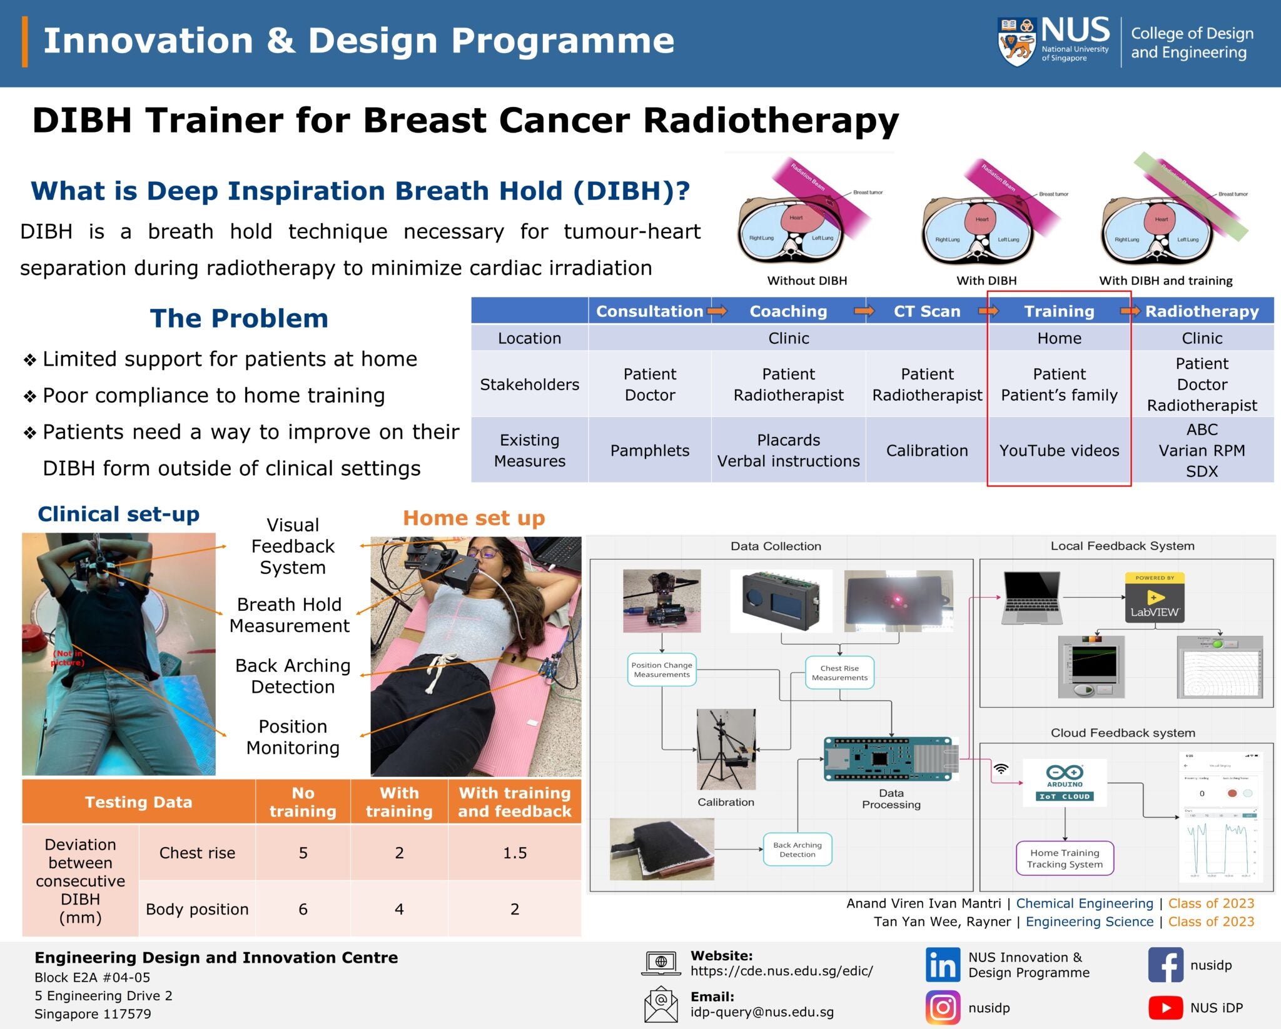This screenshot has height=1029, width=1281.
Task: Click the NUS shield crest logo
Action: pyautogui.click(x=1016, y=42)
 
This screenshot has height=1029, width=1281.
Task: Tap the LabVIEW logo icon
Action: pyautogui.click(x=1154, y=597)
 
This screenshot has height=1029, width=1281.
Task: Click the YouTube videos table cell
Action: pyautogui.click(x=1059, y=451)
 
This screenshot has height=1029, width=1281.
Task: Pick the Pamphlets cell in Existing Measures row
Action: pyautogui.click(x=649, y=451)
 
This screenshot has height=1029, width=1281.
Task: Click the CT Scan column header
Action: pyautogui.click(x=926, y=311)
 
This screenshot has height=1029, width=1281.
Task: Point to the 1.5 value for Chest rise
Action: pyautogui.click(x=514, y=853)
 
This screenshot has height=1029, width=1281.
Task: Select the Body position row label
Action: pyautogui.click(x=197, y=909)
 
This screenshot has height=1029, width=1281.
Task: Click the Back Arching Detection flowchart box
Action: pyautogui.click(x=797, y=850)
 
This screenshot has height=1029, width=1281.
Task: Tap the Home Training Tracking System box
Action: pyautogui.click(x=1064, y=858)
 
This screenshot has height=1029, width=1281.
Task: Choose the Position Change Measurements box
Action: pyautogui.click(x=661, y=670)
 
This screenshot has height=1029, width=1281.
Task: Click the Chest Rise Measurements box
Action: pyautogui.click(x=839, y=673)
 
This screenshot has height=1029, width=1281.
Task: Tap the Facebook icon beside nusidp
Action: pyautogui.click(x=1165, y=965)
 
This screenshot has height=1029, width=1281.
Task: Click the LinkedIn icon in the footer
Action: pyautogui.click(x=942, y=965)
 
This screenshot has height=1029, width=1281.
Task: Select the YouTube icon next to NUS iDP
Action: pyautogui.click(x=1165, y=1008)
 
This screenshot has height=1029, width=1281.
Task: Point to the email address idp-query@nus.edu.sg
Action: pyautogui.click(x=761, y=1012)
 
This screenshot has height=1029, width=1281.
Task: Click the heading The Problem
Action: pyautogui.click(x=239, y=318)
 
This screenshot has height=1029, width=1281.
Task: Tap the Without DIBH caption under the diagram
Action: pyautogui.click(x=807, y=281)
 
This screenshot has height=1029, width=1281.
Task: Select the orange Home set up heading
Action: pyautogui.click(x=473, y=518)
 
